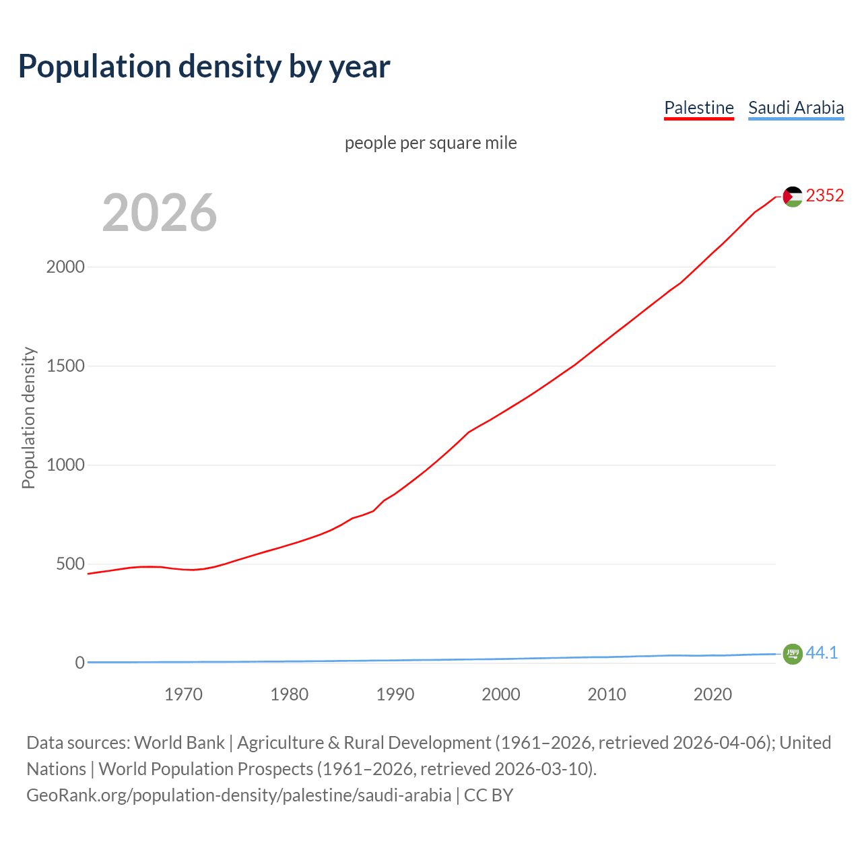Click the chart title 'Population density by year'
(204, 66)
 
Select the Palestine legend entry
(698, 108)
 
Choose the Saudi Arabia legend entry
(795, 108)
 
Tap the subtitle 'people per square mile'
(430, 143)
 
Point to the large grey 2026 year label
(160, 213)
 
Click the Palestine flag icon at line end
(793, 196)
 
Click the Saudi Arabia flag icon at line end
(793, 653)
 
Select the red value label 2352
(824, 195)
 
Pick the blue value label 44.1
(822, 653)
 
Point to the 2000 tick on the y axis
(65, 267)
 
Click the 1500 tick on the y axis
(65, 366)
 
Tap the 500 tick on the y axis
(70, 564)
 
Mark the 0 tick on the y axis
(80, 663)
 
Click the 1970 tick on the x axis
(183, 694)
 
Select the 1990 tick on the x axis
(395, 694)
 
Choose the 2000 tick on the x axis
(500, 694)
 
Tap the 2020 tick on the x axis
(712, 694)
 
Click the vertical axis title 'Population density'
(28, 418)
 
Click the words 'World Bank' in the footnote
(179, 743)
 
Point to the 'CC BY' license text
(488, 795)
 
